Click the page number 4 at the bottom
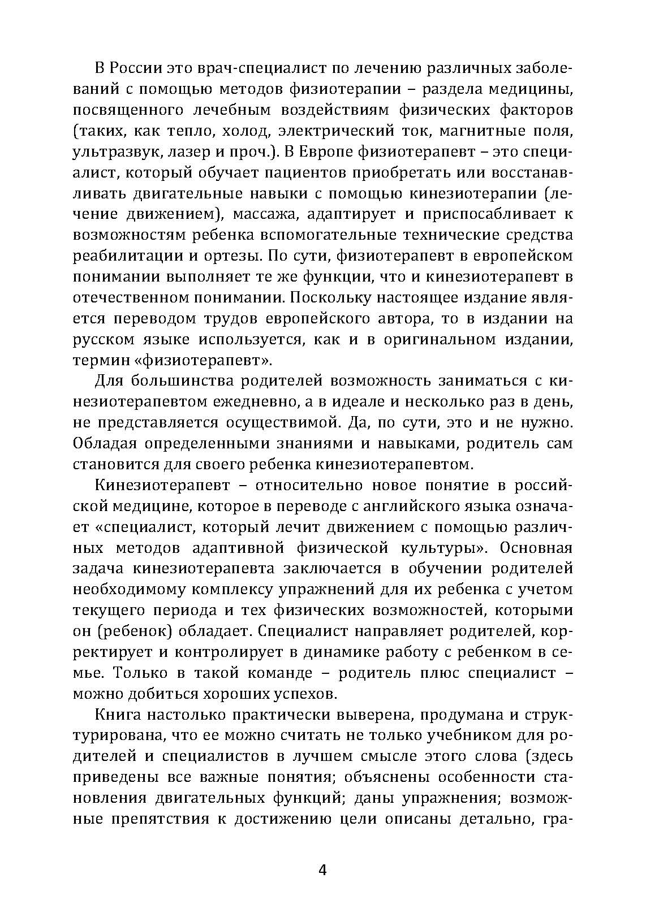[322, 869]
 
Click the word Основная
[536, 548]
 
